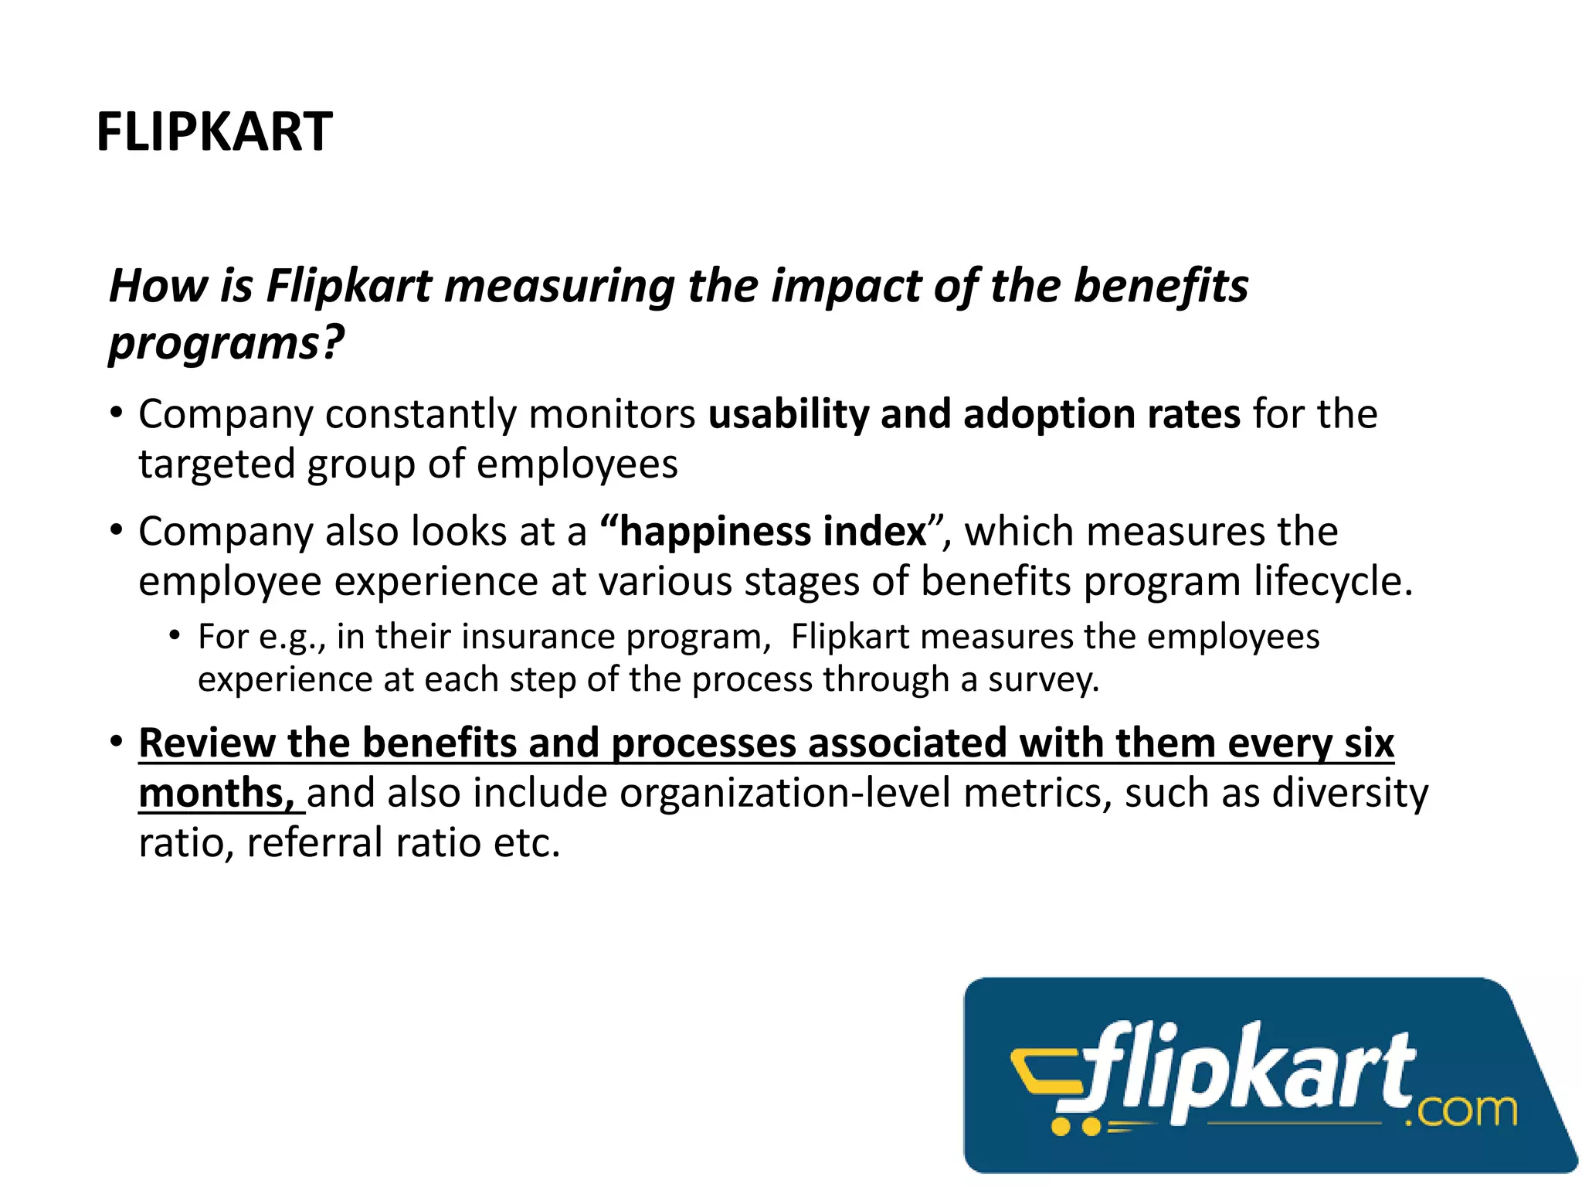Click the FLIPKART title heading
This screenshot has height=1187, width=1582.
pyautogui.click(x=214, y=131)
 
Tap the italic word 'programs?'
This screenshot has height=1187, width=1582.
pyautogui.click(x=226, y=342)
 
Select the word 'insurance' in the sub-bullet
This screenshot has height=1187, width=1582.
pyautogui.click(x=537, y=637)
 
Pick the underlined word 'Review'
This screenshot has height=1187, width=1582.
pyautogui.click(x=206, y=743)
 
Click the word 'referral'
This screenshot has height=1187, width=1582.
pyautogui.click(x=315, y=842)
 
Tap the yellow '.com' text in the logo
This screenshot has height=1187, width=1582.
pyautogui.click(x=1461, y=1110)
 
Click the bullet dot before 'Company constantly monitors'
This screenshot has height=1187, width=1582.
pyautogui.click(x=116, y=413)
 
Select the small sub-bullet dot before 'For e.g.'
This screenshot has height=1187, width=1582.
pyautogui.click(x=175, y=636)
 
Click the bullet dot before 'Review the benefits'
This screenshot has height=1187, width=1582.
pyautogui.click(x=116, y=742)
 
